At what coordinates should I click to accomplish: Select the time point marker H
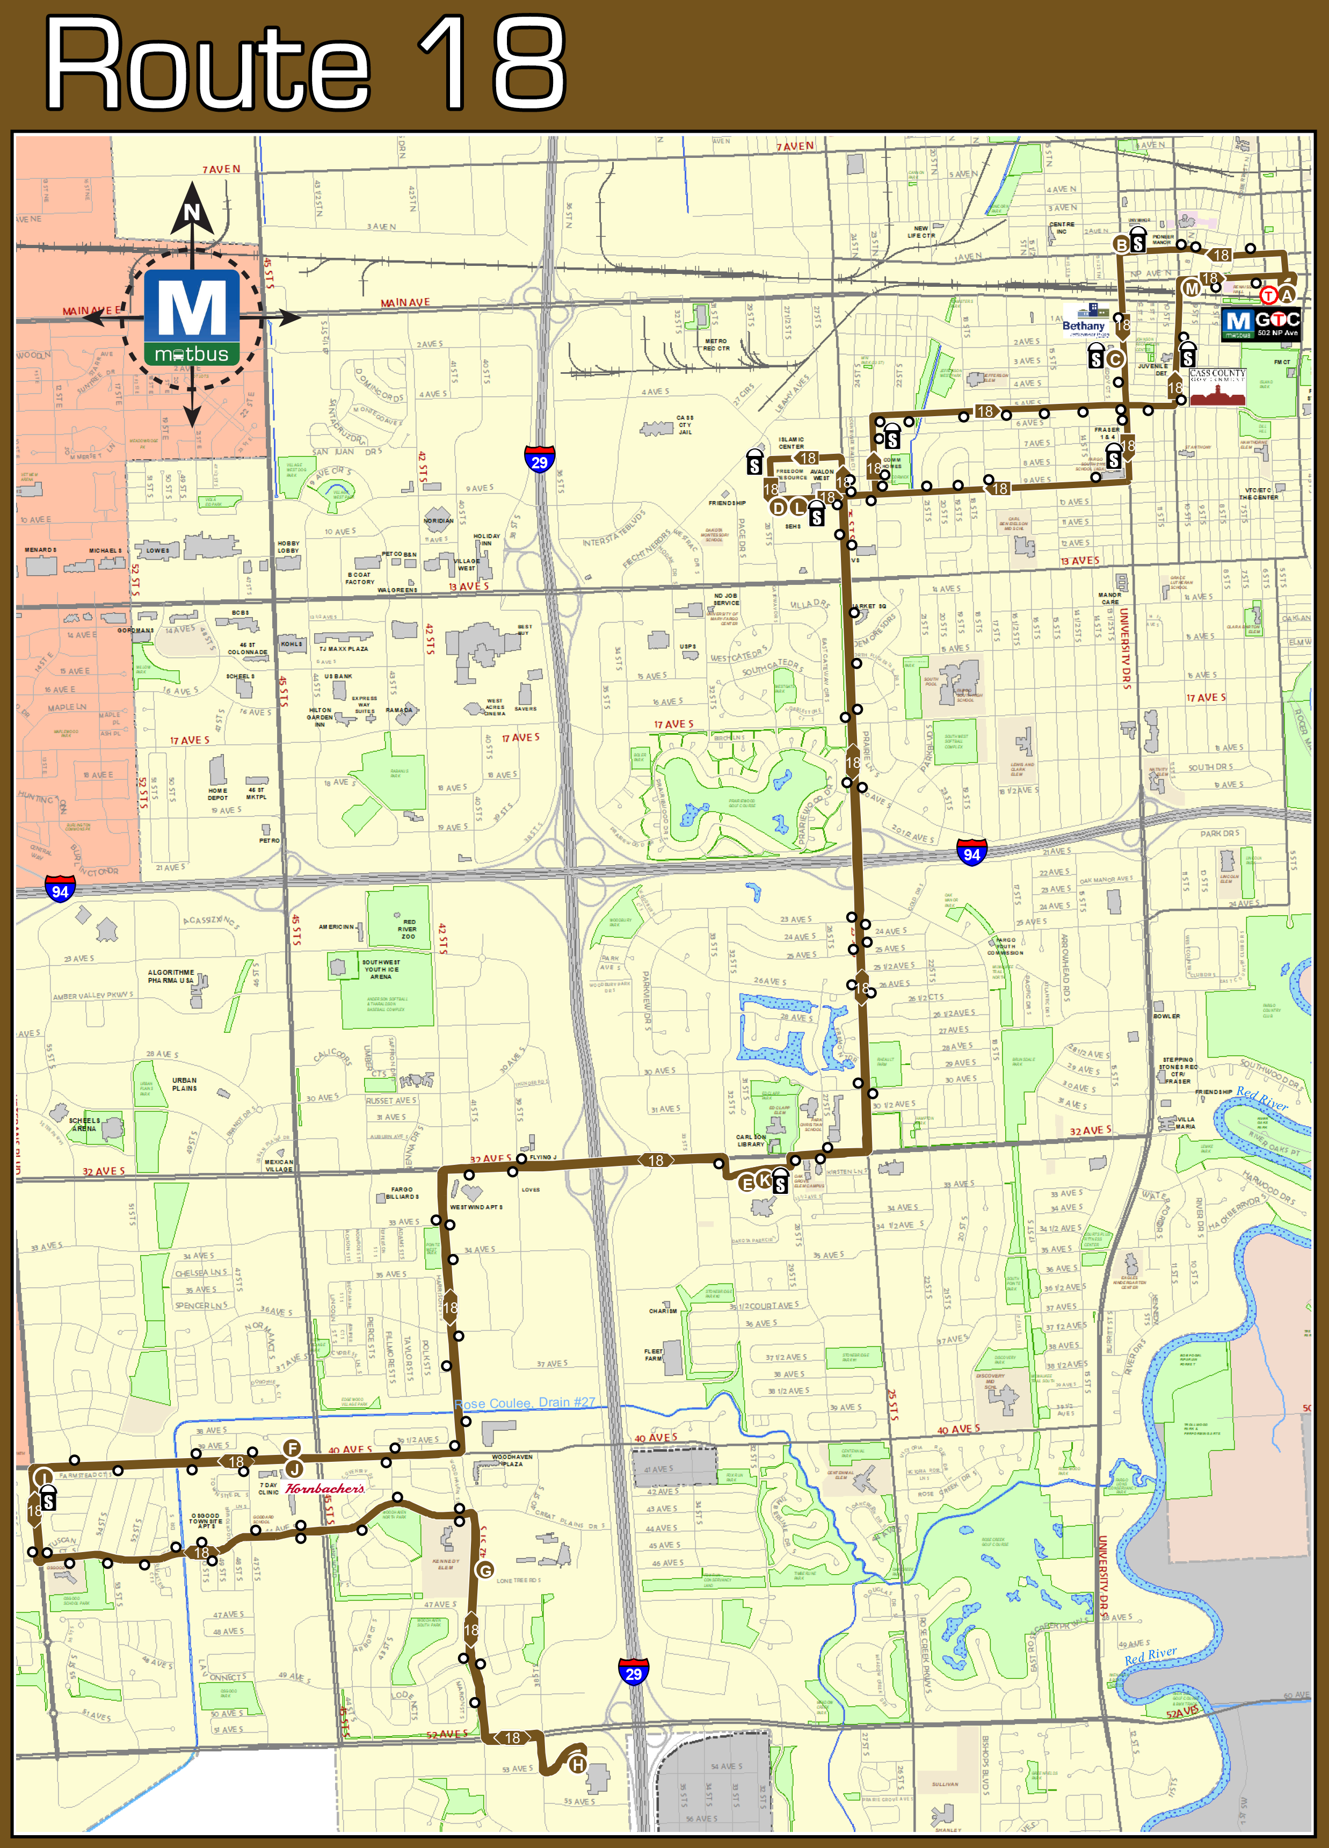(577, 1764)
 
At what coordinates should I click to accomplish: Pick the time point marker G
(485, 1570)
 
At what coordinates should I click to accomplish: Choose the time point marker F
(292, 1448)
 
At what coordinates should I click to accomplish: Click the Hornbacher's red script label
(324, 1489)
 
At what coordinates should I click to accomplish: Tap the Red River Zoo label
(408, 929)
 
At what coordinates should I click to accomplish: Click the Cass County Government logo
(1217, 387)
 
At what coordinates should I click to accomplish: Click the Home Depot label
(217, 794)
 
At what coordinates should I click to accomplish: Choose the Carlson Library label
(751, 1141)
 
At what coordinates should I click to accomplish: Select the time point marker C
(1115, 359)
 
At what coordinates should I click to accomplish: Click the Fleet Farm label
(653, 1355)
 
